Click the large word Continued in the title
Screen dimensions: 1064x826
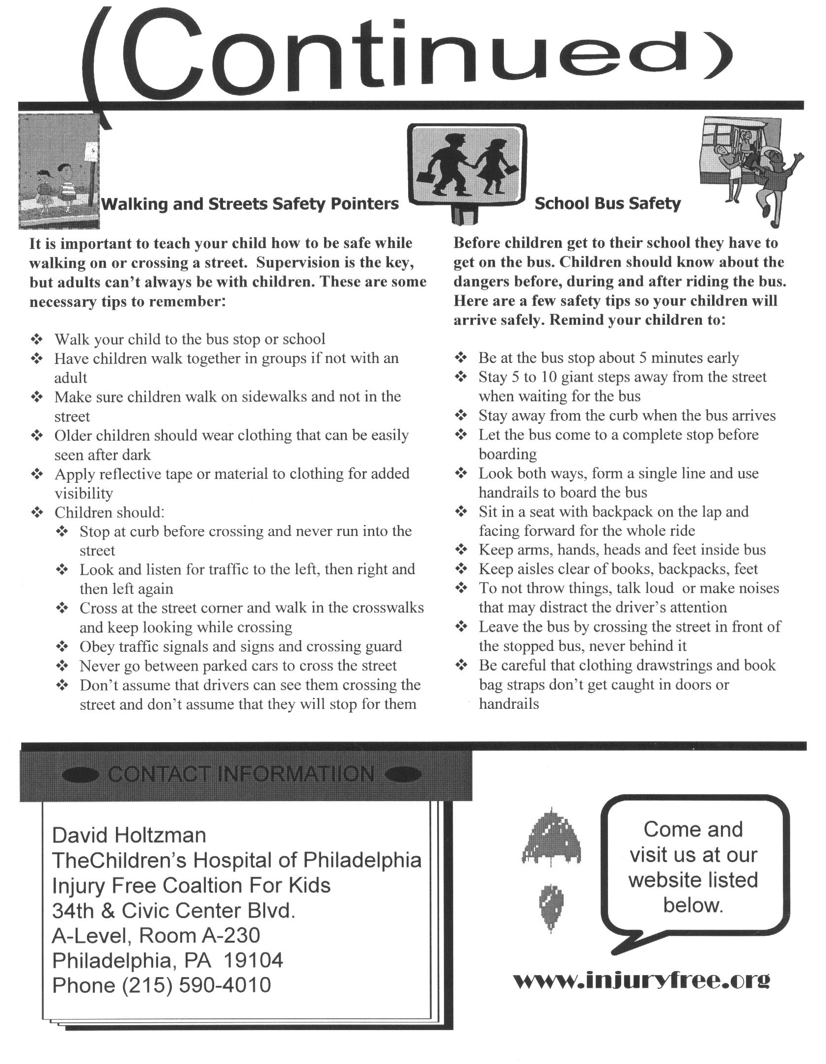(408, 54)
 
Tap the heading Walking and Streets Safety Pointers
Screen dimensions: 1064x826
(249, 204)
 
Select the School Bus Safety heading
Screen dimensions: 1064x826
(607, 203)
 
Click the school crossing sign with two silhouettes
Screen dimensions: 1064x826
(467, 167)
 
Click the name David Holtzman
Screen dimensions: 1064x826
(129, 835)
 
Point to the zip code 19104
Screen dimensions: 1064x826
(253, 960)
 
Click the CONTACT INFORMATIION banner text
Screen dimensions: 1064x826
(241, 774)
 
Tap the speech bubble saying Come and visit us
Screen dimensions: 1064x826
(693, 867)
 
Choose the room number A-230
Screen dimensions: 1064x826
(231, 935)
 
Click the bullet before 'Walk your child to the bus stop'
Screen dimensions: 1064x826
(37, 339)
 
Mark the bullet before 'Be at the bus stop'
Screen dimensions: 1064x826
(461, 358)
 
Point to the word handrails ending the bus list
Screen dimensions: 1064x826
(509, 704)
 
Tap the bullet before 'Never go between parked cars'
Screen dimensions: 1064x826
(62, 666)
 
